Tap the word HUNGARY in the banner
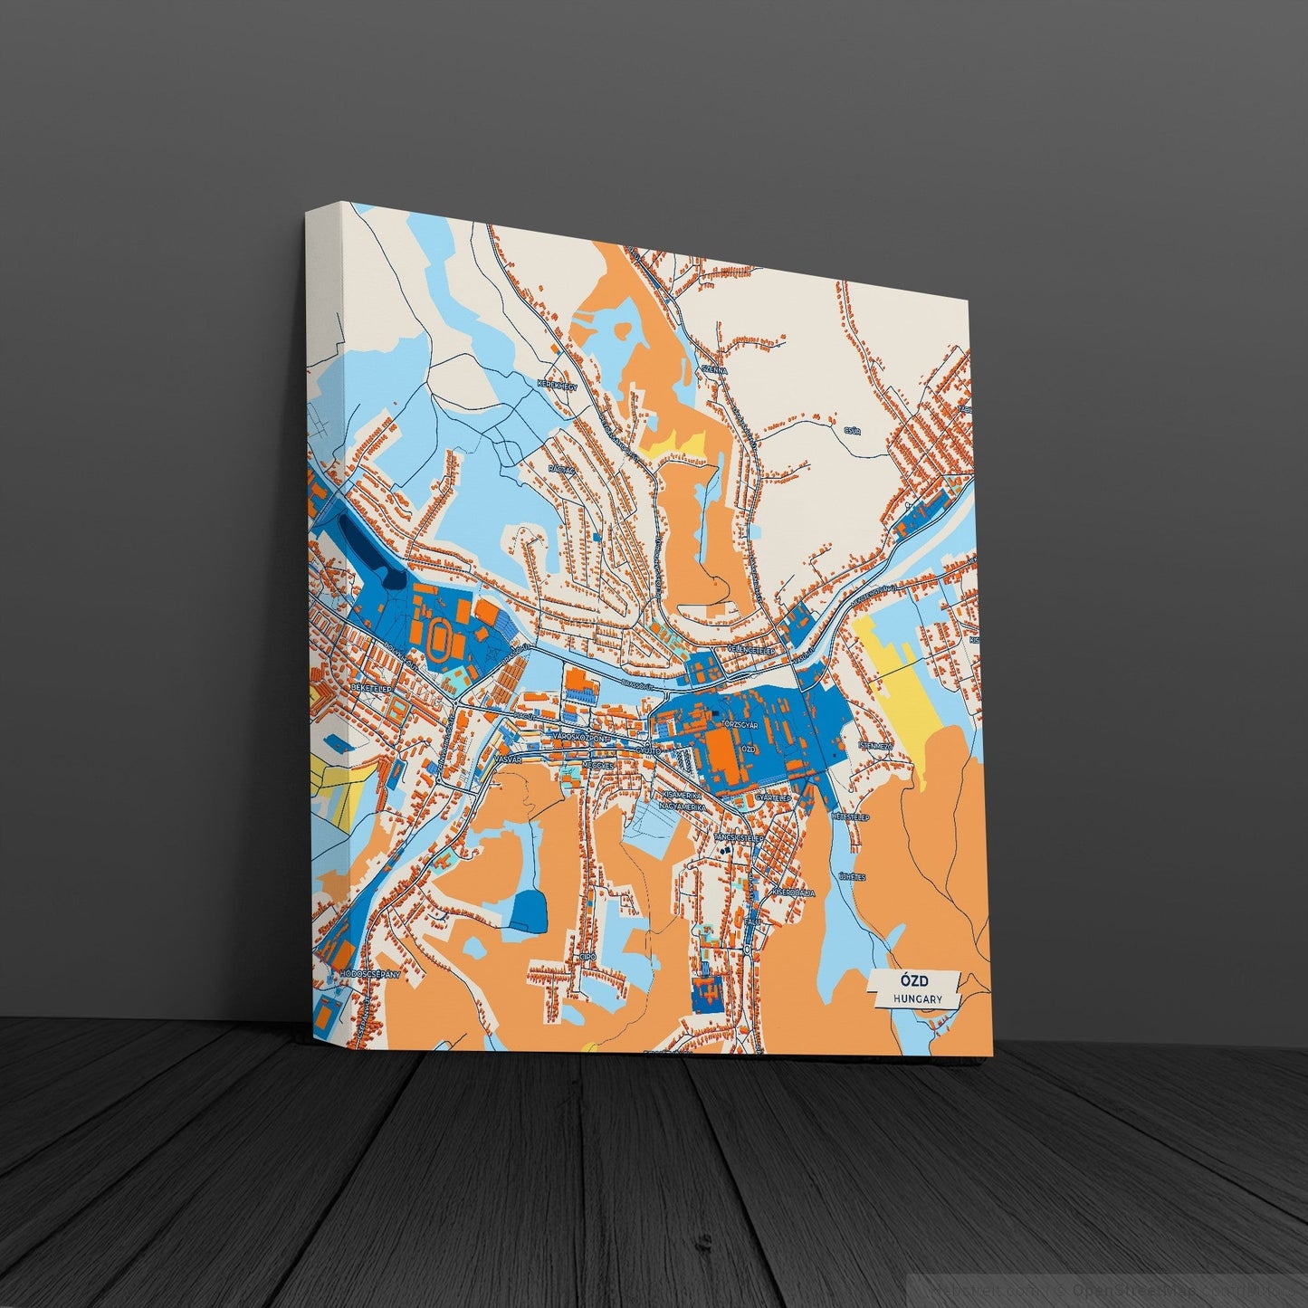[x=917, y=998]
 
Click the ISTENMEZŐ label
[x=874, y=746]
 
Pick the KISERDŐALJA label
[x=794, y=892]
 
